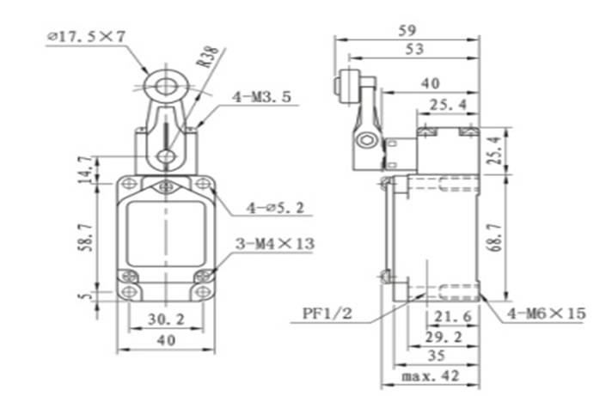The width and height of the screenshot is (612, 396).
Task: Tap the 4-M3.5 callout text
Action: tap(264, 97)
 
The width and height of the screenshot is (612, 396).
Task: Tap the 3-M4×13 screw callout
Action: tap(275, 244)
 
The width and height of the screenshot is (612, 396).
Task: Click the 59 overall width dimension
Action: tap(407, 30)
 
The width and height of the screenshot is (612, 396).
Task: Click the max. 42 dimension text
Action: tap(430, 375)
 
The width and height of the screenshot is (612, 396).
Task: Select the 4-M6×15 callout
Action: tap(546, 314)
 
